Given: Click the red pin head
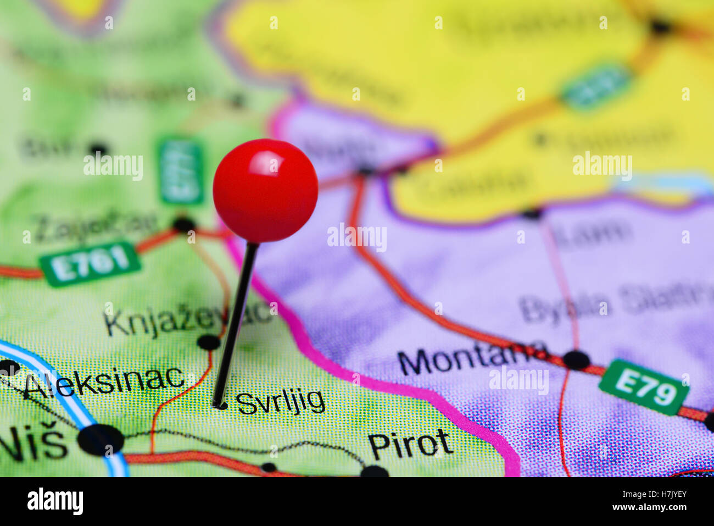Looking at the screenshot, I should (x=265, y=190).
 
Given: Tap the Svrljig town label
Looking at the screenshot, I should (x=281, y=402).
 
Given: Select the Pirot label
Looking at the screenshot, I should (x=410, y=444).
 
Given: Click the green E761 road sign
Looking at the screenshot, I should (x=90, y=264).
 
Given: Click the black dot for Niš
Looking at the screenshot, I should (x=101, y=440).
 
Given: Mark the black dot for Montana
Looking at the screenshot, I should (x=576, y=360).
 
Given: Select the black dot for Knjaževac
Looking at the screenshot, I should (x=209, y=342).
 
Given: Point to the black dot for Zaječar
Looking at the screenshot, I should (x=184, y=224).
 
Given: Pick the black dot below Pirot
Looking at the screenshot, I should (x=375, y=472).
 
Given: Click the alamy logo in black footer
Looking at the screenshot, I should (x=55, y=501).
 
